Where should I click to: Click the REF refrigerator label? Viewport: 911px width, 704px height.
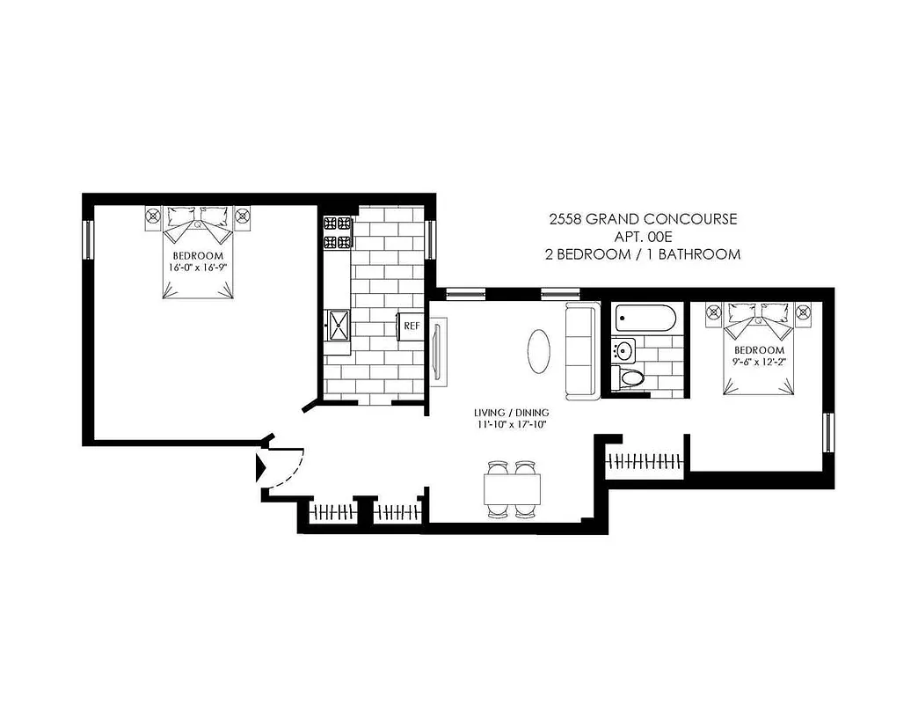click(411, 326)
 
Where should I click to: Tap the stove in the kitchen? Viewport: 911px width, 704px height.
click(337, 232)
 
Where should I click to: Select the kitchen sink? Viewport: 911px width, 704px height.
click(337, 326)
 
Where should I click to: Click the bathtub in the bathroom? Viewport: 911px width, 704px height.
click(645, 317)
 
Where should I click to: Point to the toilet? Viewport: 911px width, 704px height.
click(632, 378)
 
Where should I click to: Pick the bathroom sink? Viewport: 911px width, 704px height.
click(624, 350)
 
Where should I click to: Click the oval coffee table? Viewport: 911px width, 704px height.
click(540, 350)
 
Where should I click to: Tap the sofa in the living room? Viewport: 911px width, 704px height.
click(581, 350)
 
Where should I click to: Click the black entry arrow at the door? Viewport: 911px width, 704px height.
click(260, 467)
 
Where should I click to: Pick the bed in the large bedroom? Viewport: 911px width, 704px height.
click(200, 253)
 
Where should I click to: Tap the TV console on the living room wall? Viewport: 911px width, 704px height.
click(440, 350)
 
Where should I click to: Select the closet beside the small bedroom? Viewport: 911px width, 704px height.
click(645, 460)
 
